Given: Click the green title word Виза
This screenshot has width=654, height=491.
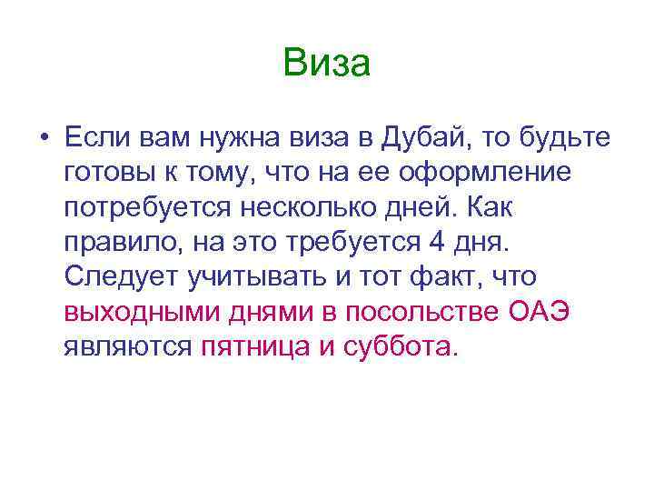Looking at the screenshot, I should click(326, 64).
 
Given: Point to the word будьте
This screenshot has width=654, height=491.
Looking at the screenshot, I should click(569, 138).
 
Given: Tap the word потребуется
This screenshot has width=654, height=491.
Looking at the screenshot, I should click(146, 207).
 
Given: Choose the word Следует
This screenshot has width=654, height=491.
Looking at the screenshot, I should click(118, 276).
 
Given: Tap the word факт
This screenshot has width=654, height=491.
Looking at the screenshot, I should click(447, 276).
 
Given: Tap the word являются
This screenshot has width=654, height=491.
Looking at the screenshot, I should click(127, 346).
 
